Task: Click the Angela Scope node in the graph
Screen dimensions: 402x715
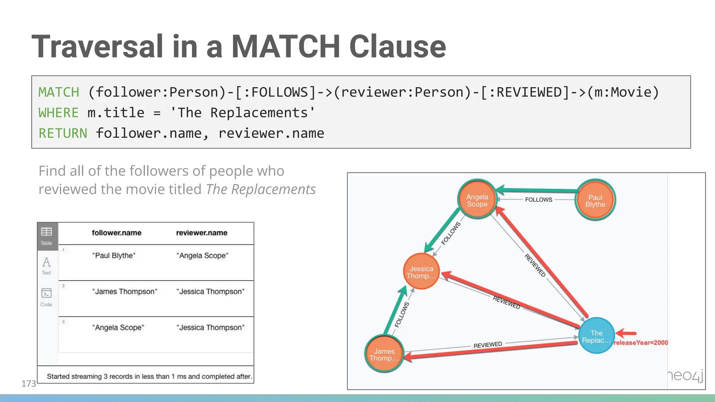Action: (477, 200)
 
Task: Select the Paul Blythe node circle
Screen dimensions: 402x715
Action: (595, 200)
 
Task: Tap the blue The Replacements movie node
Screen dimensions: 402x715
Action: (596, 336)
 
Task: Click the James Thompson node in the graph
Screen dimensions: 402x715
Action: (384, 354)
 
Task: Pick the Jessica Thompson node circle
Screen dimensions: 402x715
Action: (421, 272)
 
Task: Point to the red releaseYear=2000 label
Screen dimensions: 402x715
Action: (641, 343)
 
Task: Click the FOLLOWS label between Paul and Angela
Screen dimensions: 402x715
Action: (538, 200)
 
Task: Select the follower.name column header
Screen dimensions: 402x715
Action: (117, 233)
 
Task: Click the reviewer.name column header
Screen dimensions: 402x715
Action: (201, 233)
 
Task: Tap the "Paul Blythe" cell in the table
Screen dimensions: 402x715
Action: (114, 255)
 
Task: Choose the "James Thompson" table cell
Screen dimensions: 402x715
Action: (125, 291)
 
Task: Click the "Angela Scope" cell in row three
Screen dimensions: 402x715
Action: (118, 327)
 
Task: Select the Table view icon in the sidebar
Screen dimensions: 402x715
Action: (46, 236)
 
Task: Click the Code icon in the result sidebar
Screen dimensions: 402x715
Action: (46, 297)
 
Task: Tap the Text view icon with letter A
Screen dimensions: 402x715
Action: (46, 265)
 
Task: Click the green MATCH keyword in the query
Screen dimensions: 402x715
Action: (59, 92)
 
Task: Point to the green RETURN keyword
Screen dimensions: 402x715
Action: (63, 133)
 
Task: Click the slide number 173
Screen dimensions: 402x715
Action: (29, 384)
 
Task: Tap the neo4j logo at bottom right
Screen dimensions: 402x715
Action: (685, 376)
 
